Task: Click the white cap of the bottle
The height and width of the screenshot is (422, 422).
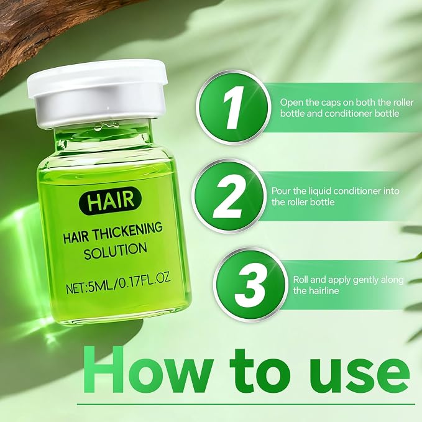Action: click(98, 93)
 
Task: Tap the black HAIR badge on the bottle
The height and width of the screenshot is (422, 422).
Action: click(111, 201)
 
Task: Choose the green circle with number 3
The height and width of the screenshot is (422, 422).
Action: click(250, 285)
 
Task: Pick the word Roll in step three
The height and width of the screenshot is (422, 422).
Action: click(300, 280)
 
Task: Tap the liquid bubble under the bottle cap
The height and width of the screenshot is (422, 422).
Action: click(106, 127)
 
